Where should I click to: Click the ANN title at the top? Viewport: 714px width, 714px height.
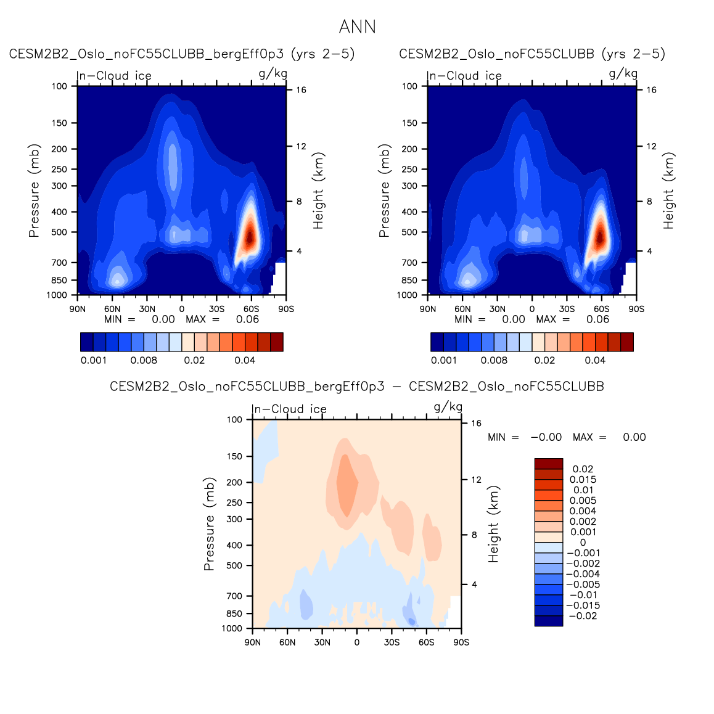click(357, 27)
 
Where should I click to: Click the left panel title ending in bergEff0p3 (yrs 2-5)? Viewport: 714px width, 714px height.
click(182, 54)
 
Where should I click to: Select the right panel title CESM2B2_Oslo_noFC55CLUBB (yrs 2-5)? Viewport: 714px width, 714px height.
click(532, 54)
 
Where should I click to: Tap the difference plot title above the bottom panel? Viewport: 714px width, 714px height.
click(356, 387)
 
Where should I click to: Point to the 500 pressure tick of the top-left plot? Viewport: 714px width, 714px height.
click(59, 232)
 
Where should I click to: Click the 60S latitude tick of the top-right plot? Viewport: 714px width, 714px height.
click(601, 309)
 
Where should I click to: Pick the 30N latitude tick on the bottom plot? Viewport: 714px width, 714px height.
click(322, 642)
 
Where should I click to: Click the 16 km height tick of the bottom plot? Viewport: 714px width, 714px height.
click(476, 424)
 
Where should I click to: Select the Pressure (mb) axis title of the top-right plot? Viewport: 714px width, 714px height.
click(385, 191)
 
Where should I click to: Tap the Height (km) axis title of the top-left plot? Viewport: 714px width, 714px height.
click(318, 191)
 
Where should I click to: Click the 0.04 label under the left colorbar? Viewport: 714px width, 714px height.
click(245, 361)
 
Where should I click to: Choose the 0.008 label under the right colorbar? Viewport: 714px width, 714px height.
click(494, 361)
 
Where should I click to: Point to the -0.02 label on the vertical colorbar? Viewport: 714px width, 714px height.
click(583, 616)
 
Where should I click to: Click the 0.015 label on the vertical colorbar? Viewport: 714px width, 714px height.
click(583, 480)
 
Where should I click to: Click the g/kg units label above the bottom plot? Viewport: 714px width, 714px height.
click(448, 407)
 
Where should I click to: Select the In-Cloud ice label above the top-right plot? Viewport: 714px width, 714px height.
click(465, 76)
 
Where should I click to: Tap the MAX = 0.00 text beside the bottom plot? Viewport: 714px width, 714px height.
click(609, 437)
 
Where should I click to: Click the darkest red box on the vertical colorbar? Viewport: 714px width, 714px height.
click(549, 464)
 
